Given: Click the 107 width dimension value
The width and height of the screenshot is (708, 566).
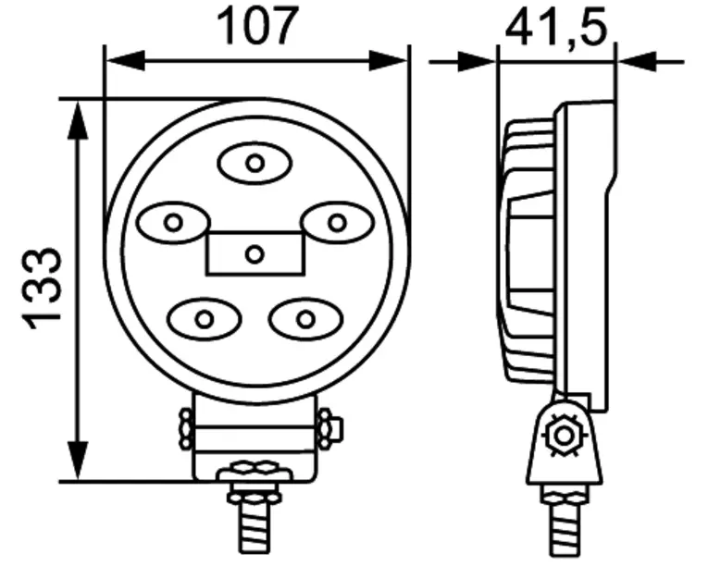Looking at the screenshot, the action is [257, 26].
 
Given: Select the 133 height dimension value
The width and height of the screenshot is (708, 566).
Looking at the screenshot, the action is [43, 289].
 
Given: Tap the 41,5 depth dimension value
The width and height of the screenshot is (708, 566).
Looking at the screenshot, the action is [555, 27].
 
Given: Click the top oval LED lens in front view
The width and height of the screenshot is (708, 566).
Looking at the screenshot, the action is [255, 163].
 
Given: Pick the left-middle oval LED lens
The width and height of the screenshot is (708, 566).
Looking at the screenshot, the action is [174, 223].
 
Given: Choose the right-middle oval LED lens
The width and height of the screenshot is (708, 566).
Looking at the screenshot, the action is [337, 223].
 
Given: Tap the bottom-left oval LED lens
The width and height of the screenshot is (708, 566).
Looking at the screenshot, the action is [205, 319].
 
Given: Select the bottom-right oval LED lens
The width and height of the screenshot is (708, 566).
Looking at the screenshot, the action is [305, 319].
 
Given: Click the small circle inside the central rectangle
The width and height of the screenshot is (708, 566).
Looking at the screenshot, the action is [255, 254].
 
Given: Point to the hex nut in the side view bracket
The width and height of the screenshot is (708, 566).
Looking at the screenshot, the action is [564, 435].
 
